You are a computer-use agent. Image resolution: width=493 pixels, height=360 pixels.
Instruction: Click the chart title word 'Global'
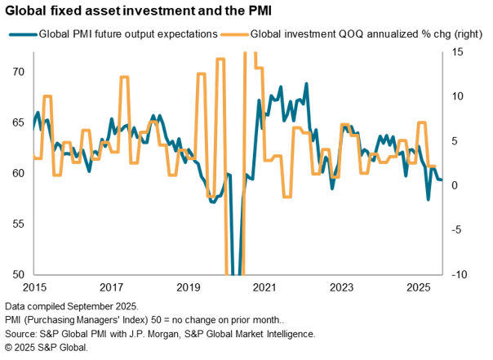click(27, 11)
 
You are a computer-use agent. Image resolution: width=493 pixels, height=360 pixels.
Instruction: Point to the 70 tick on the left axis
click(17, 72)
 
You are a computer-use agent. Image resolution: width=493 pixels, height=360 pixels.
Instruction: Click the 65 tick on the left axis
click(17, 122)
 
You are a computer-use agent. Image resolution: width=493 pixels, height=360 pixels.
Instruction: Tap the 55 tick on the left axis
click(17, 224)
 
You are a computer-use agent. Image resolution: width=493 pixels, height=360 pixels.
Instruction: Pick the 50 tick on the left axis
click(17, 274)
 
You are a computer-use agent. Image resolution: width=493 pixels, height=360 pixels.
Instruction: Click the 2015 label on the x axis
click(35, 288)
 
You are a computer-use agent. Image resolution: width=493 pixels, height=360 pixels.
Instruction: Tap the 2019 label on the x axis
click(189, 288)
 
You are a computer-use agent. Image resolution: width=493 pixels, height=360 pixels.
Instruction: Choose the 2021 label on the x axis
click(265, 288)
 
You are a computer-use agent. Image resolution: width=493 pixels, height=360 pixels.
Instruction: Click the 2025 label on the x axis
click(419, 288)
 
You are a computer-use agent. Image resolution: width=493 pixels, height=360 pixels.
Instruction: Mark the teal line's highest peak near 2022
click(307, 83)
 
